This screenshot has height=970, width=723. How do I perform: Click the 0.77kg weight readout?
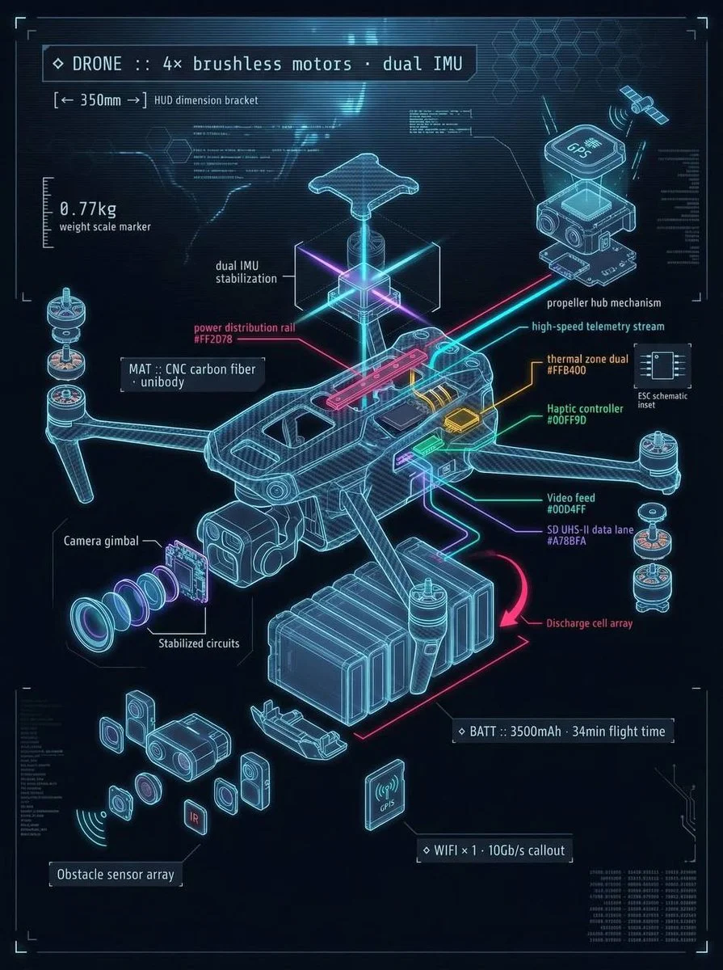tap(88, 210)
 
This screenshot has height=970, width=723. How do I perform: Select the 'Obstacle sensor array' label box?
tap(116, 874)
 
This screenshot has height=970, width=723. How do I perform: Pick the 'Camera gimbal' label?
tap(101, 540)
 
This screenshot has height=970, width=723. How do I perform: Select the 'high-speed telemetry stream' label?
tap(598, 327)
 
